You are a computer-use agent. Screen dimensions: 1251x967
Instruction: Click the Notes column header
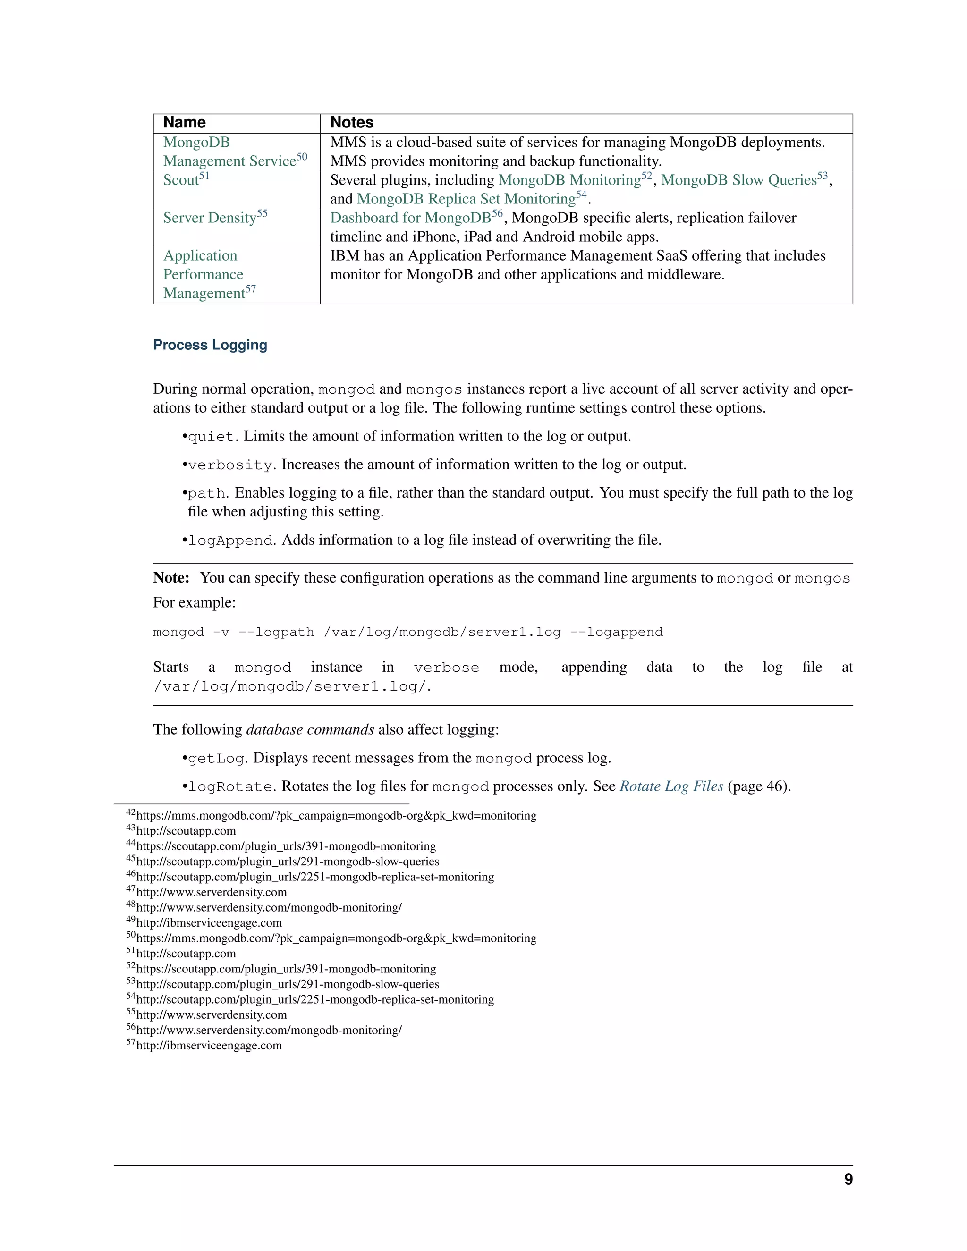352,123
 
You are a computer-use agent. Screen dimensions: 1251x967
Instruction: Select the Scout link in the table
181,180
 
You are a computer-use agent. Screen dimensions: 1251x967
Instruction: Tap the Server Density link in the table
210,218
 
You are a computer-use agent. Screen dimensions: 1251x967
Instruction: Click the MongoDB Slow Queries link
738,180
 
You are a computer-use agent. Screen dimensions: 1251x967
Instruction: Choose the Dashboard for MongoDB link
410,218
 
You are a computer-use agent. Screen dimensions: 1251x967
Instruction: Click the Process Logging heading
210,345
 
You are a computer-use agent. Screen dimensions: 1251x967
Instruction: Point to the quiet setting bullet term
211,437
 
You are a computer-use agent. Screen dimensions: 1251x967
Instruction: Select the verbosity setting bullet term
230,465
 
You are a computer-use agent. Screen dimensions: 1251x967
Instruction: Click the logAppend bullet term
230,541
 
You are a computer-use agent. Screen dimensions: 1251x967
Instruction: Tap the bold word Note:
171,578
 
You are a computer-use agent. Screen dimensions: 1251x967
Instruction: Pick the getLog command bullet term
216,759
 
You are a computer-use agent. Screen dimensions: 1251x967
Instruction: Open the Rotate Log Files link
671,786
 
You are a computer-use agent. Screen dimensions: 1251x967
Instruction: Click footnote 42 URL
336,816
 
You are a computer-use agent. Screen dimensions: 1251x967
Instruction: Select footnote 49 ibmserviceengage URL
209,923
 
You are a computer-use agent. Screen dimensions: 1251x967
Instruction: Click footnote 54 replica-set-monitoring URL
315,999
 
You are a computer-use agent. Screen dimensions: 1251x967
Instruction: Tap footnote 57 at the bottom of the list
209,1045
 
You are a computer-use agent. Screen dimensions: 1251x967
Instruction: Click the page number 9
848,1179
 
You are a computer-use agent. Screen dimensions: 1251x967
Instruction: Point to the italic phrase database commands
310,730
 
